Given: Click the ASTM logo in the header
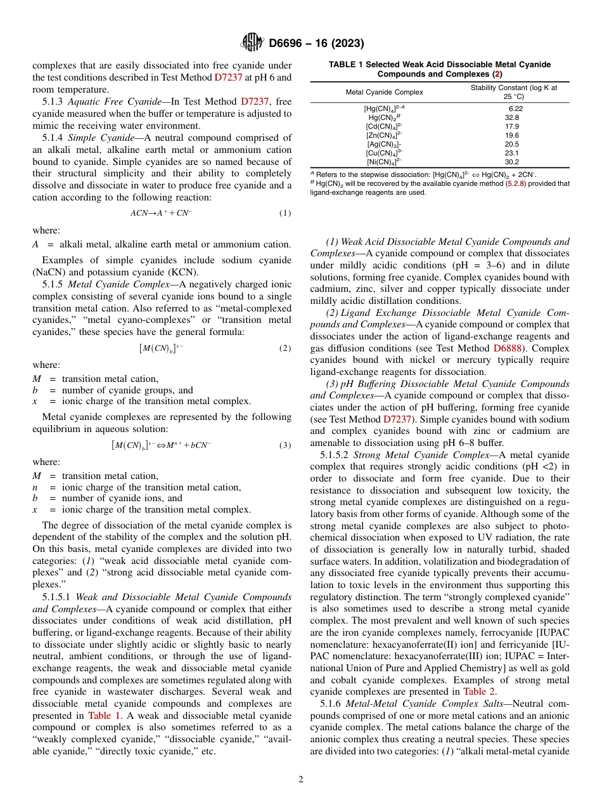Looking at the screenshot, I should tap(252, 43).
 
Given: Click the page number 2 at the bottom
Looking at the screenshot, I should tap(301, 780).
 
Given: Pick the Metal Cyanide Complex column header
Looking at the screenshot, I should tap(384, 92).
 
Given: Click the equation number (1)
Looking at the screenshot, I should tap(285, 213).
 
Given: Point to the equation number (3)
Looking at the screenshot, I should tap(285, 445).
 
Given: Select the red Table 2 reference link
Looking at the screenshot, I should tap(479, 692).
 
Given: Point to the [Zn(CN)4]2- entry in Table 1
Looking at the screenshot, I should tap(384, 135).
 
